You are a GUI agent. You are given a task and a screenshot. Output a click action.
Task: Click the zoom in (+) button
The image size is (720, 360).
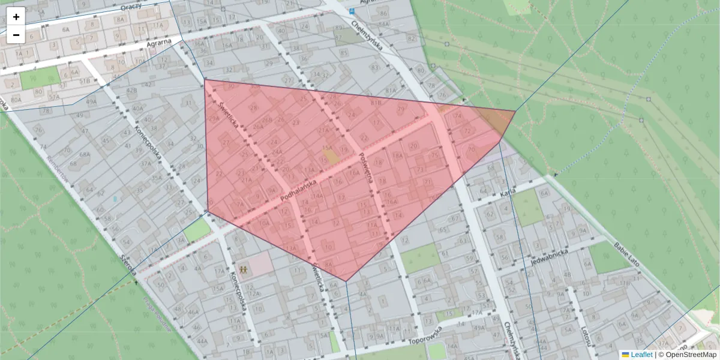16,16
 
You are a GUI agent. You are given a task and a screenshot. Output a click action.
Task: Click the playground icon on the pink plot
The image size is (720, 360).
244,269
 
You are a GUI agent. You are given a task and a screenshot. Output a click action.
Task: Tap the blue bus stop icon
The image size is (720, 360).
352,11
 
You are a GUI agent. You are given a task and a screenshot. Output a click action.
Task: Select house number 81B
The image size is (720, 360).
376,103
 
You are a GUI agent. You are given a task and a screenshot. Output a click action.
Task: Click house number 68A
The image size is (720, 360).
85,155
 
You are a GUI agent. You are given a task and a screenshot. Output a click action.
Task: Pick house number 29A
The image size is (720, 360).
214,119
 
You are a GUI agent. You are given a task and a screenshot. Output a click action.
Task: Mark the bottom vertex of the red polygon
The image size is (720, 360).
346,281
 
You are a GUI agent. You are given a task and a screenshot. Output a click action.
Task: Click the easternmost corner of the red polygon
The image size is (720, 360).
515,111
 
